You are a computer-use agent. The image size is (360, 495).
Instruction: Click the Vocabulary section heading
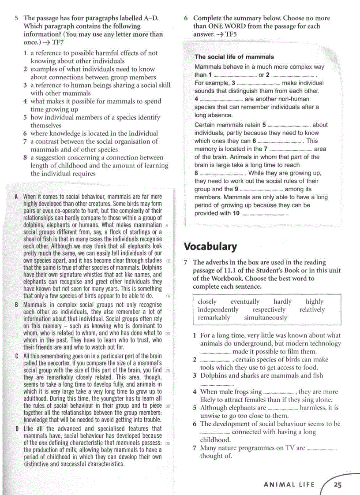click(210, 246)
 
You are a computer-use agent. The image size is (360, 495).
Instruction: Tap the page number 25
click(337, 485)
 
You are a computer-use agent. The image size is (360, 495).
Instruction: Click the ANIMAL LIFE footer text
click(289, 485)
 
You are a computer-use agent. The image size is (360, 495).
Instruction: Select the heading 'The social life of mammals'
click(234, 57)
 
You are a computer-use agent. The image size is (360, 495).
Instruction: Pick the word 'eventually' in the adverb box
click(245, 301)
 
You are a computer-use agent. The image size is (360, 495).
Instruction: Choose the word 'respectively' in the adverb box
click(269, 309)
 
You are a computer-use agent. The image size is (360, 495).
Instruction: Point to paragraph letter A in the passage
click(16, 197)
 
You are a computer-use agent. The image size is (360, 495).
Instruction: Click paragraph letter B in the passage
click(16, 305)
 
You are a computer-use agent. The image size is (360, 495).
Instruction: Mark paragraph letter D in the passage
click(16, 428)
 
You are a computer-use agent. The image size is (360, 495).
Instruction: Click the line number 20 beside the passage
click(167, 334)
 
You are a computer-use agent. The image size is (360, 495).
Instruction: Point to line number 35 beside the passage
click(167, 443)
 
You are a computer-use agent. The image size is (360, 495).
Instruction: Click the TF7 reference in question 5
click(58, 42)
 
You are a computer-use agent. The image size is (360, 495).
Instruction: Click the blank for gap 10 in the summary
click(263, 214)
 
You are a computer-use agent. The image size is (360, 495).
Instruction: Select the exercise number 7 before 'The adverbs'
click(186, 262)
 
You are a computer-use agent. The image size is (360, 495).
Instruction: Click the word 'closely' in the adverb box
click(207, 301)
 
